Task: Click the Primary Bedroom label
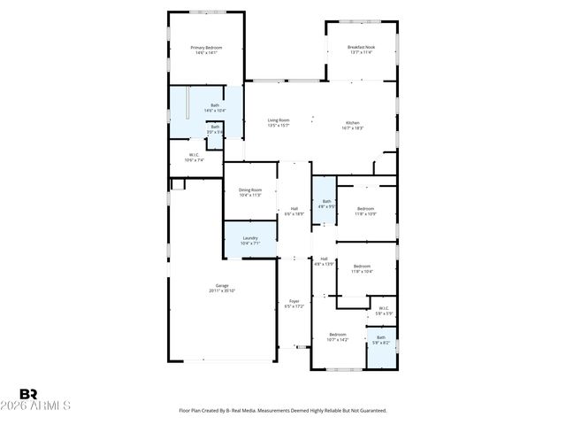206,47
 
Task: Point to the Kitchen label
352,122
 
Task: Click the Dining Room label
250,189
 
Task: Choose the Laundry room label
250,238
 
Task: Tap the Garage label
222,285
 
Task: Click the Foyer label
294,301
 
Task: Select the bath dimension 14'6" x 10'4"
215,111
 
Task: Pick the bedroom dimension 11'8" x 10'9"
365,213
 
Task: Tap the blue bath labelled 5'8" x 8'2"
381,339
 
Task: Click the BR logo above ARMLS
28,393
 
